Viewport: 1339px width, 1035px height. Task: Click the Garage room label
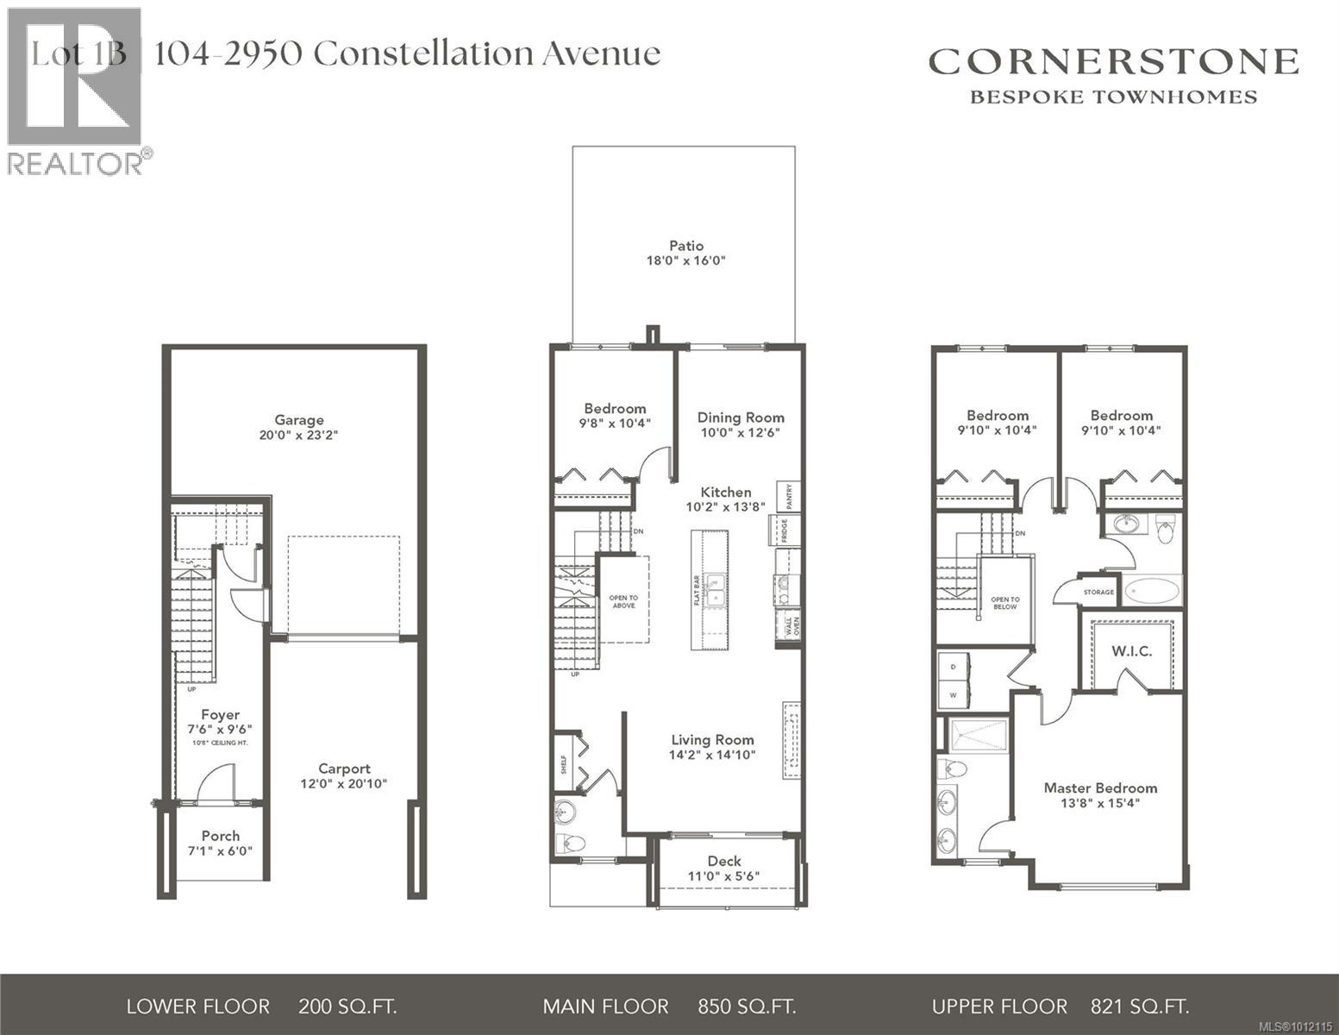click(x=299, y=420)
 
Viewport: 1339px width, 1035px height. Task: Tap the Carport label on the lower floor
click(x=344, y=768)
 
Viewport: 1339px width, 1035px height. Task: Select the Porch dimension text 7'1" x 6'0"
click(x=221, y=850)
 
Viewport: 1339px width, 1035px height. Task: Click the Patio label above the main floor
click(x=686, y=246)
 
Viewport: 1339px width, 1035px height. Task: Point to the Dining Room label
click(x=741, y=417)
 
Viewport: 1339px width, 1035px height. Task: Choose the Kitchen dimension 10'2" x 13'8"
click(x=725, y=507)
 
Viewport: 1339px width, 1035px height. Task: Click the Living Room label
click(x=712, y=739)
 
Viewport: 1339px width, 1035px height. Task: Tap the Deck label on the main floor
click(x=724, y=861)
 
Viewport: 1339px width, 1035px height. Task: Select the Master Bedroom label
click(x=1100, y=787)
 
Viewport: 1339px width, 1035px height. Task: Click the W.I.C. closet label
click(x=1131, y=651)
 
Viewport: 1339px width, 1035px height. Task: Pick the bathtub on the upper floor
click(x=1152, y=591)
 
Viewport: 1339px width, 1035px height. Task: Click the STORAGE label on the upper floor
click(x=1098, y=593)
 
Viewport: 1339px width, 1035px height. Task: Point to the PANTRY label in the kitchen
click(x=789, y=496)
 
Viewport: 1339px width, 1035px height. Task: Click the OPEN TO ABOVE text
click(x=623, y=601)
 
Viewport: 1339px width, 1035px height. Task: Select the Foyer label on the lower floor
click(x=220, y=714)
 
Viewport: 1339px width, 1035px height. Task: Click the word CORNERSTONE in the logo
click(x=1113, y=62)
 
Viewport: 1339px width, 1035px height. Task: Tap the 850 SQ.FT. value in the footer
click(x=747, y=1007)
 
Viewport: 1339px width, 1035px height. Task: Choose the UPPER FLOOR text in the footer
click(x=999, y=1007)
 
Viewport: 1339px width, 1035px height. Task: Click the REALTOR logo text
click(x=76, y=164)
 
